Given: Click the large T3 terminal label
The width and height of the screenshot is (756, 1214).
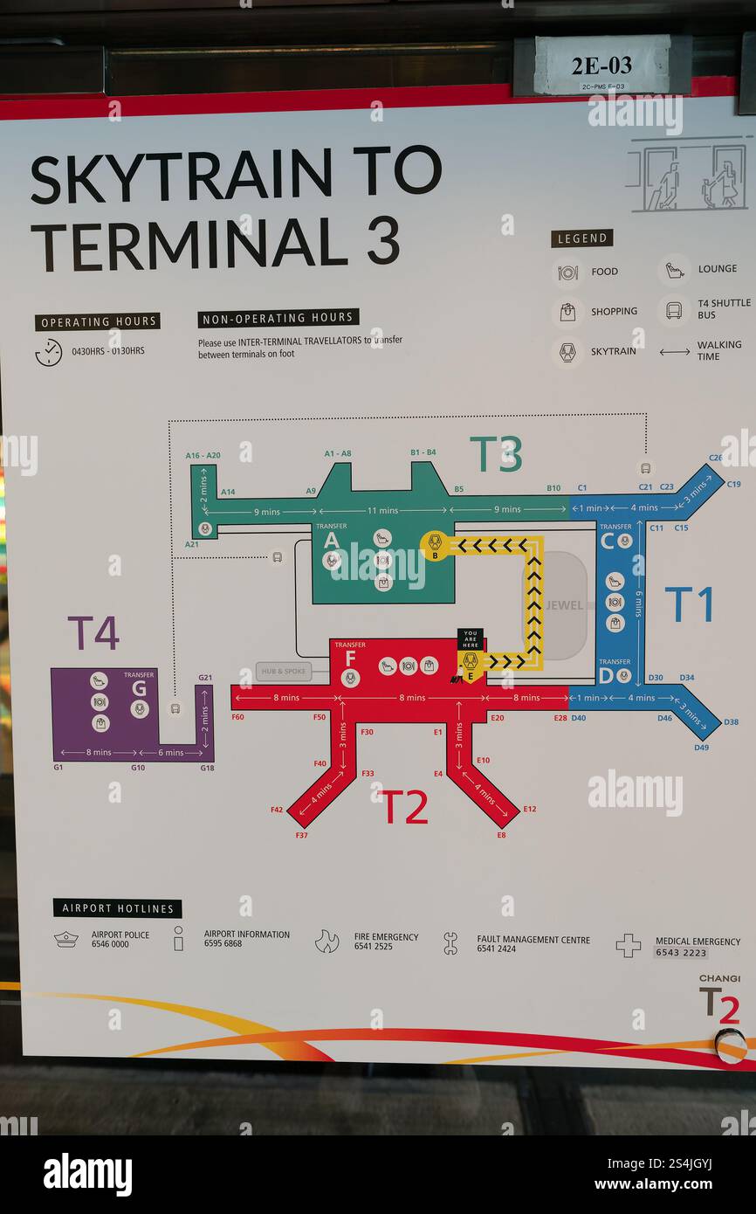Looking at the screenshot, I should (496, 454).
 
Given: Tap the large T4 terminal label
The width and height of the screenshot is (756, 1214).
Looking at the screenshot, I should (93, 633).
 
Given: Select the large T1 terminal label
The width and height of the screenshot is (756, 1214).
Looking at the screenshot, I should (689, 604).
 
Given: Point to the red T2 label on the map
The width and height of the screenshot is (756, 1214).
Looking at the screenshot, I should (405, 808).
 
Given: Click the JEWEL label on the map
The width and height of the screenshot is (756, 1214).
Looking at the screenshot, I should (564, 605).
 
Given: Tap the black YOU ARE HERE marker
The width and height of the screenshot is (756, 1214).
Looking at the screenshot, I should (470, 638).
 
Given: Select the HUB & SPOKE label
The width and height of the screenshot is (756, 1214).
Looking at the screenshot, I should (284, 672).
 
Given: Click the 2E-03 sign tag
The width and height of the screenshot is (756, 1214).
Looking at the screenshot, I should (601, 66).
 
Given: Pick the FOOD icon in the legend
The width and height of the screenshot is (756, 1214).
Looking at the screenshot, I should (567, 272).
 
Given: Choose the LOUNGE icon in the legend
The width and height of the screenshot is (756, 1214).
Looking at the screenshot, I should (674, 270).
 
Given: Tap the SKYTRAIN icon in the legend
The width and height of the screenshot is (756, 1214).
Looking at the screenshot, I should (567, 351).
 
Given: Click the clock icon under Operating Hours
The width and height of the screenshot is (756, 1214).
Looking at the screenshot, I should (48, 352).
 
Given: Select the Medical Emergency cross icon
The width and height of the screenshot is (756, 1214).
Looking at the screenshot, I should (628, 945).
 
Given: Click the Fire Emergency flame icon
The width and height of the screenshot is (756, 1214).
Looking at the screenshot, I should (326, 941).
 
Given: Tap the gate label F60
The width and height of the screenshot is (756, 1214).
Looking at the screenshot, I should (237, 717).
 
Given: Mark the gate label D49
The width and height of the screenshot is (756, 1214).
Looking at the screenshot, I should (702, 748).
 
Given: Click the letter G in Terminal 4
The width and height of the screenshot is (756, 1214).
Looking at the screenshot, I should (140, 688).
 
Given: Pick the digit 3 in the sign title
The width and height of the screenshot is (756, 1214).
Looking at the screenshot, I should (382, 240).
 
